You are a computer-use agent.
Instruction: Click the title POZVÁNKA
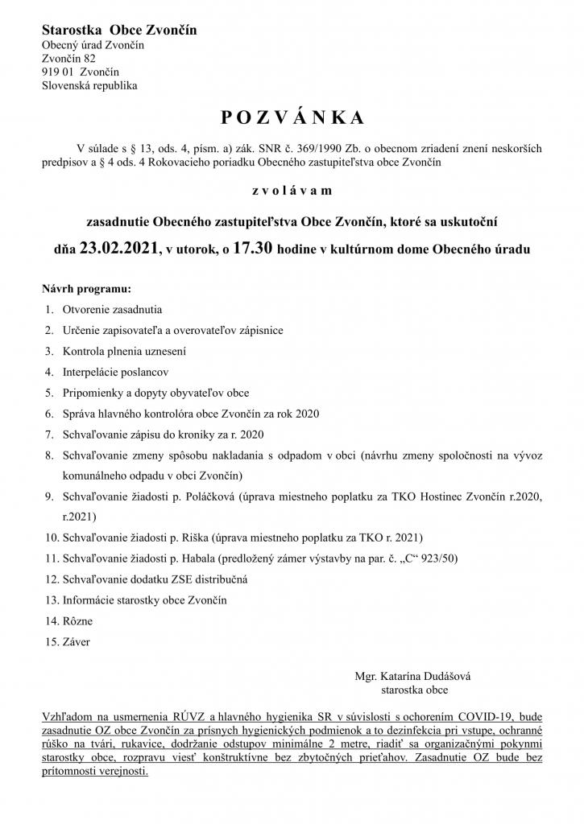tap(292, 117)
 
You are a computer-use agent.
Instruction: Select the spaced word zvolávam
tap(292, 191)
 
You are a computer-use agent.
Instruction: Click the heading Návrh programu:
tap(86, 287)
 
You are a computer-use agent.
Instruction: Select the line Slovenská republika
tap(89, 84)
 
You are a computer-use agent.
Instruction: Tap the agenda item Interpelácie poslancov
tap(115, 372)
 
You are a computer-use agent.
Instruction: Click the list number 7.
tap(49, 435)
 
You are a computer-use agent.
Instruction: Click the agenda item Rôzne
tap(78, 621)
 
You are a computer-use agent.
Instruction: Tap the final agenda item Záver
tap(77, 642)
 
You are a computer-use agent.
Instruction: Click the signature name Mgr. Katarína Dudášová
tap(412, 677)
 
